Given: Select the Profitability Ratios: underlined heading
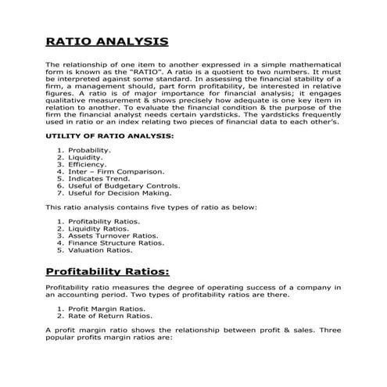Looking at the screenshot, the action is click(x=107, y=271).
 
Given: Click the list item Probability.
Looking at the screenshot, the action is click(x=89, y=149).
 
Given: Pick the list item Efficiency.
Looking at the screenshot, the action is click(x=87, y=164).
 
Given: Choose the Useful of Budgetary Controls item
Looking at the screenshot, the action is click(x=124, y=186).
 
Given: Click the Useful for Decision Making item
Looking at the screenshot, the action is click(x=119, y=193).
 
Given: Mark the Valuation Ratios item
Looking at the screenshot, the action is click(x=100, y=250).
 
